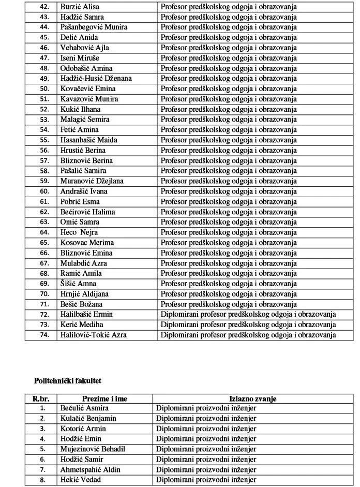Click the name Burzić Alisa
pyautogui.click(x=80, y=7)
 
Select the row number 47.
pyautogui.click(x=44, y=58)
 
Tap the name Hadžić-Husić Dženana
pyautogui.click(x=96, y=79)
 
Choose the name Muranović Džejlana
pyautogui.click(x=92, y=181)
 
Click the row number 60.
pyautogui.click(x=44, y=191)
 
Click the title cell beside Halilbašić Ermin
pyautogui.click(x=248, y=314)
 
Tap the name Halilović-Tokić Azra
pyautogui.click(x=94, y=335)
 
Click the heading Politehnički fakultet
pyautogui.click(x=67, y=380)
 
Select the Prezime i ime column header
pyautogui.click(x=104, y=399)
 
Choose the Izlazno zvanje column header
pyautogui.click(x=252, y=399)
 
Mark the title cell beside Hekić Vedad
pyautogui.click(x=206, y=480)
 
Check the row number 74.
pyautogui.click(x=44, y=335)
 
